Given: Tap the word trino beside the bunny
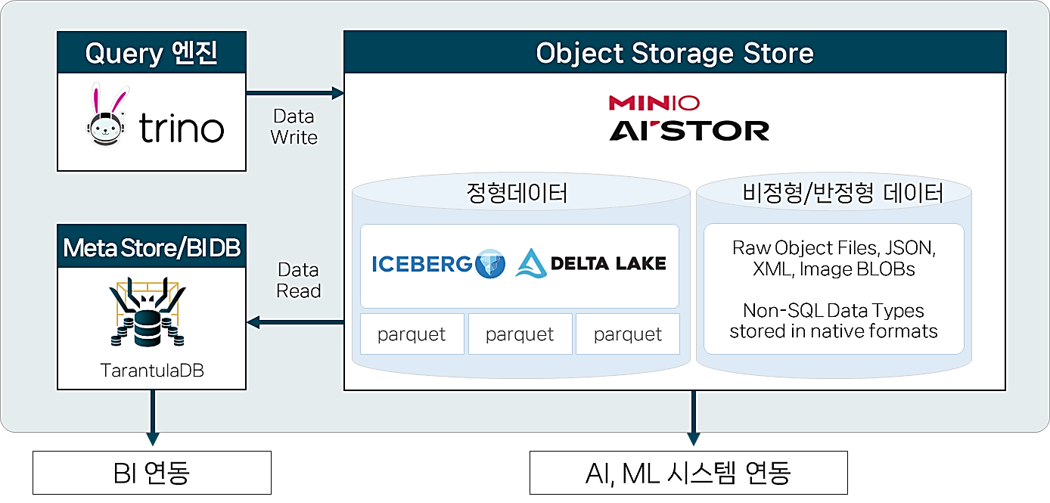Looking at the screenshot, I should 182,129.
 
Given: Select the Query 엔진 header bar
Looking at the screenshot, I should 152,53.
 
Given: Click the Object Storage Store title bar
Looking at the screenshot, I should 675,53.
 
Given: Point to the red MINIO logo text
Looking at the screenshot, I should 654,103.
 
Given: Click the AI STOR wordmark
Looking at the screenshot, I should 689,130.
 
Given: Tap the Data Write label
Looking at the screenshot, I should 294,127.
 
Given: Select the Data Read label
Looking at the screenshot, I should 299,281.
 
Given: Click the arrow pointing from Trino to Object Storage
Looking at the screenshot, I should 295,94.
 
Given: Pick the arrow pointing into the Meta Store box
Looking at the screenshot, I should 295,323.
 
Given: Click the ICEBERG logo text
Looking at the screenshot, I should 422,264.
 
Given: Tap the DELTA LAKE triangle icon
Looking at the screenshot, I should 531,263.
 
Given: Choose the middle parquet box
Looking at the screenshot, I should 520,334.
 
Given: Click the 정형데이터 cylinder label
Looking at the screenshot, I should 517,194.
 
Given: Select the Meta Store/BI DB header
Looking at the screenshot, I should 152,247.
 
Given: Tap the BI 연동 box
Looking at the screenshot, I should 151,473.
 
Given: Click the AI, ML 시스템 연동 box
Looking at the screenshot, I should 688,473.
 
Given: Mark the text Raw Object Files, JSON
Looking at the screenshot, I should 834,247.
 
